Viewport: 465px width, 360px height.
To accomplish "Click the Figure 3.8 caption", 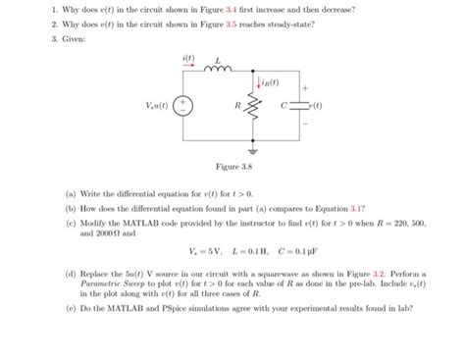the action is click(x=232, y=169).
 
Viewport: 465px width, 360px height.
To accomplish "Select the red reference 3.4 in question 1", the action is click(x=247, y=9).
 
